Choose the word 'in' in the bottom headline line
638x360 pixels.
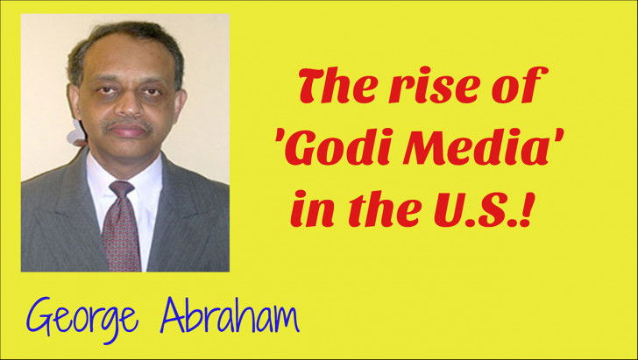pos(311,208)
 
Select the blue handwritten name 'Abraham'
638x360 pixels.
pos(230,316)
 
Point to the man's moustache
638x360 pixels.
pos(127,124)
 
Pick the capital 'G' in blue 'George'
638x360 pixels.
pos(39,317)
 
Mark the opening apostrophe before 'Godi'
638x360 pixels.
pos(280,137)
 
